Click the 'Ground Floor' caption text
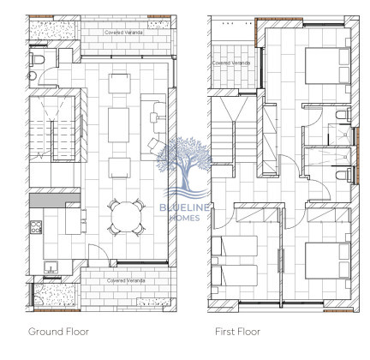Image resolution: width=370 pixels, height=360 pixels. (x=58, y=331)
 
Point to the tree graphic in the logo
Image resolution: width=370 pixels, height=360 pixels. (x=184, y=162)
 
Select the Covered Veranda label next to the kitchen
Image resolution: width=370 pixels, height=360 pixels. (x=125, y=280)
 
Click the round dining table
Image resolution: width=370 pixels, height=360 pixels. (x=128, y=214)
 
